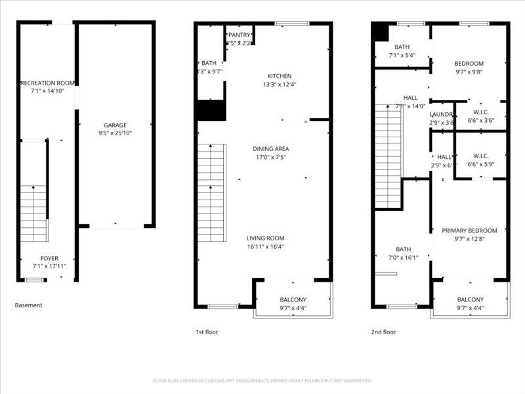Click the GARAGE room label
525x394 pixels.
[x=115, y=125]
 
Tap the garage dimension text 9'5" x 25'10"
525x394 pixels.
[x=115, y=133]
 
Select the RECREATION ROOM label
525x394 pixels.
[x=47, y=83]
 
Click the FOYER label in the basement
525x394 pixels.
[x=49, y=258]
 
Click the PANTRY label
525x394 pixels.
[x=238, y=35]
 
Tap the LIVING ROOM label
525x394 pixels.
[x=265, y=238]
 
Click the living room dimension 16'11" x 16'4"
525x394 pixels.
[x=265, y=247]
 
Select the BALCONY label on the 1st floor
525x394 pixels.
[x=293, y=299]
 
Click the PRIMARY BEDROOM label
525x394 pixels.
[x=469, y=230]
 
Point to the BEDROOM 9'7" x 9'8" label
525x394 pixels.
[x=469, y=64]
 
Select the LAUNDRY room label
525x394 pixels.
[x=442, y=114]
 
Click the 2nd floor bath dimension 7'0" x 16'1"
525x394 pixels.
[x=403, y=257]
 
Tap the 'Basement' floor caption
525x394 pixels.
[x=28, y=305]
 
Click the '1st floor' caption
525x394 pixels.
[x=207, y=332]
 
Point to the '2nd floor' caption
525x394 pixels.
[x=384, y=332]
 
